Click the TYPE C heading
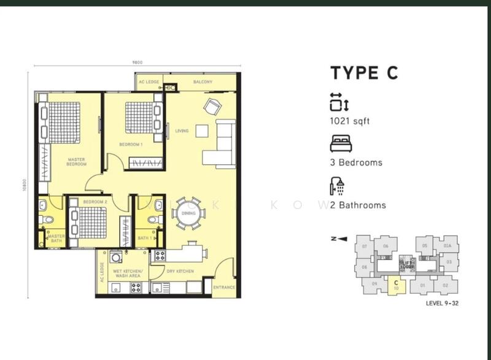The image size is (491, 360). [x=365, y=72]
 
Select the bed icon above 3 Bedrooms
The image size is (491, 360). [x=339, y=144]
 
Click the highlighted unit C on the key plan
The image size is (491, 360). [x=396, y=284]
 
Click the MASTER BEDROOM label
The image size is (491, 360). [x=77, y=162]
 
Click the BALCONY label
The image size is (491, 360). [x=203, y=82]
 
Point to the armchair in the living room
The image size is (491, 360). [x=212, y=106]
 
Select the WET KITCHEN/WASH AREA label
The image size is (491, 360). [x=128, y=274]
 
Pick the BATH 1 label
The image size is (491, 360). [x=144, y=237]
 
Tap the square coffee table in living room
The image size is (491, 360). [x=202, y=130]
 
